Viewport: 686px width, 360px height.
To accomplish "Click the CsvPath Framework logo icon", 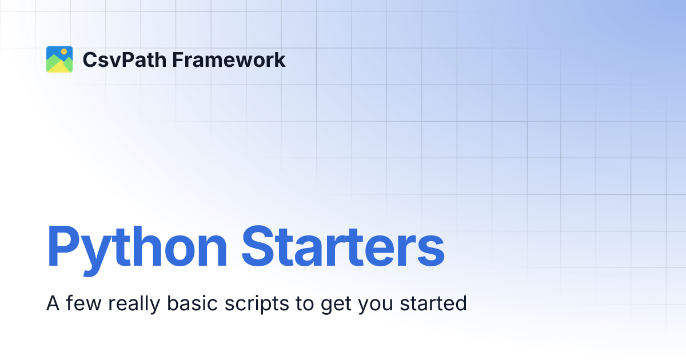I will [x=59, y=59].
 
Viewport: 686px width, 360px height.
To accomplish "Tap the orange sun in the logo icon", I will [x=64, y=51].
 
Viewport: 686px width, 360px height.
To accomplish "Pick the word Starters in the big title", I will [x=342, y=248].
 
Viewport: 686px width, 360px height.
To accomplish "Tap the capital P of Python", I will [x=62, y=248].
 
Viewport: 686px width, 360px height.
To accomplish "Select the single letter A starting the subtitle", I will [x=53, y=303].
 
